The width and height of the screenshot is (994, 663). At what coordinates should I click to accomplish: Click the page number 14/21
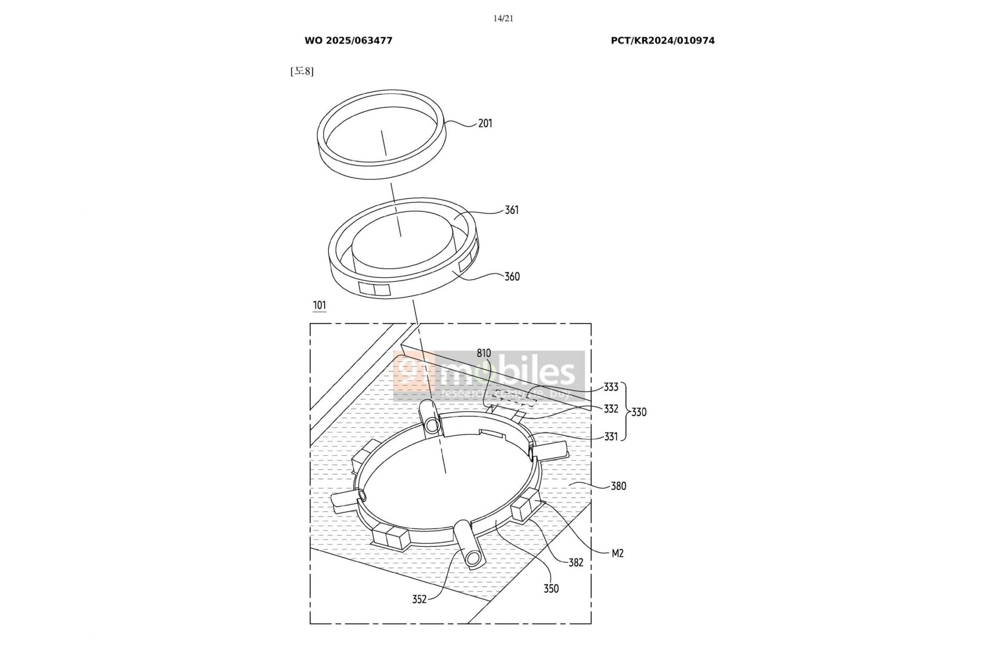tap(503, 19)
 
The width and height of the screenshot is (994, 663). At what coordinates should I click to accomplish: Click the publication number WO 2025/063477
tap(348, 40)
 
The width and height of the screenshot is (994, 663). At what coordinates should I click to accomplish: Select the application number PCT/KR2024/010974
tap(663, 40)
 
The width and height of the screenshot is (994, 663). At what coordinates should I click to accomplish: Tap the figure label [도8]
tap(302, 71)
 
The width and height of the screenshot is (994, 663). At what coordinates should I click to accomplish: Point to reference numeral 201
tap(485, 123)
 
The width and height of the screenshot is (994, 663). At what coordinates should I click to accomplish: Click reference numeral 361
tap(511, 210)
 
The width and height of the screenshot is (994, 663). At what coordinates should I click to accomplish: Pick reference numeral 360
tap(512, 277)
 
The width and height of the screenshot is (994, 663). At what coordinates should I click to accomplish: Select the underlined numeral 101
tap(319, 305)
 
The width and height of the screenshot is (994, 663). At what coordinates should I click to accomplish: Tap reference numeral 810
tap(484, 353)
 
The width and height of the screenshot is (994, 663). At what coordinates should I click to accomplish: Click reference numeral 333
tap(611, 387)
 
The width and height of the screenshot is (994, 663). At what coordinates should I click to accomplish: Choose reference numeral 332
tap(611, 409)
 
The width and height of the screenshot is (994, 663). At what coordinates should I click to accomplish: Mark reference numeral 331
tap(611, 437)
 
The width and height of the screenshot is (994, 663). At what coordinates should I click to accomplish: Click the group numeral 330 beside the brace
tap(639, 412)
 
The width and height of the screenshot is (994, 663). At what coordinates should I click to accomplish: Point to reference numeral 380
tap(618, 486)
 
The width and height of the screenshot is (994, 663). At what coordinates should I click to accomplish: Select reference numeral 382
tap(576, 563)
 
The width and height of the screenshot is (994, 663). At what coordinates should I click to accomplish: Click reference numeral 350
tap(551, 588)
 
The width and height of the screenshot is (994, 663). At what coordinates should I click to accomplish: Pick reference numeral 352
tap(419, 599)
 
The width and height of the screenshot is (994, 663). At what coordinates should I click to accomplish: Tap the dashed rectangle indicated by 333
tap(513, 398)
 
